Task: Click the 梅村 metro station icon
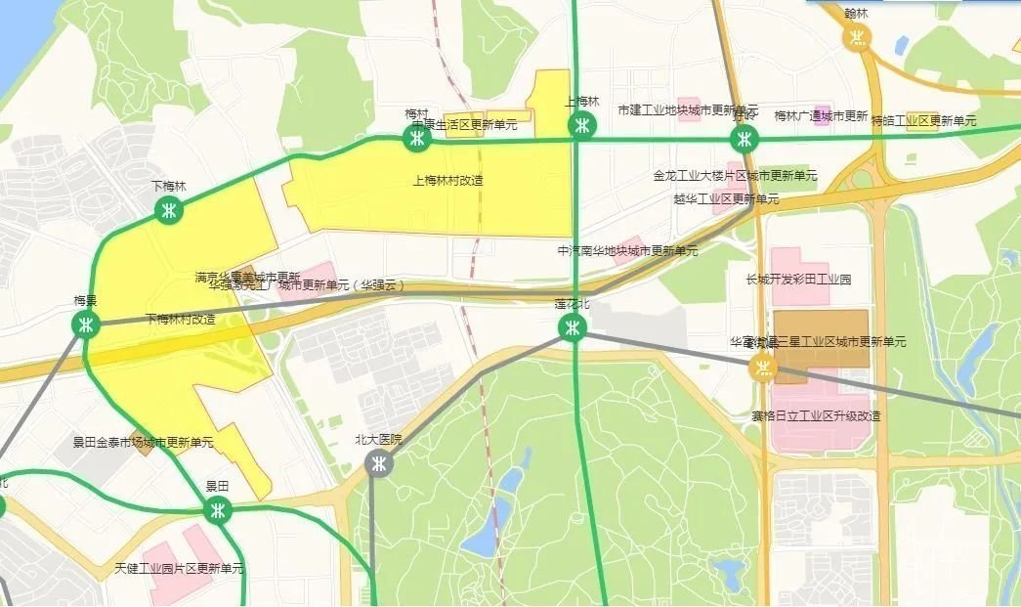[417, 139]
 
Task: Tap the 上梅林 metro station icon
[582, 125]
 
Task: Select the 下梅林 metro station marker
[169, 209]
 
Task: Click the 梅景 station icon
[87, 325]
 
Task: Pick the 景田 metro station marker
[217, 509]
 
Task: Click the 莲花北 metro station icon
[573, 327]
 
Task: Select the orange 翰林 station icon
[857, 37]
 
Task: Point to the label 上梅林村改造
[448, 181]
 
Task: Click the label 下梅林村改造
[181, 320]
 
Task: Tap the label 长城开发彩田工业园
[798, 280]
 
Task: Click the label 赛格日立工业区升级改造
[816, 415]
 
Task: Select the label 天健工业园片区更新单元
[179, 568]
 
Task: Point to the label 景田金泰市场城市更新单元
[143, 443]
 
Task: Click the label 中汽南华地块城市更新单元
[627, 251]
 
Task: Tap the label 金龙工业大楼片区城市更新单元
[736, 176]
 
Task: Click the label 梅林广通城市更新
[821, 116]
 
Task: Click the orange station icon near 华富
[762, 368]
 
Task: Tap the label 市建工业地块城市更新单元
[688, 109]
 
